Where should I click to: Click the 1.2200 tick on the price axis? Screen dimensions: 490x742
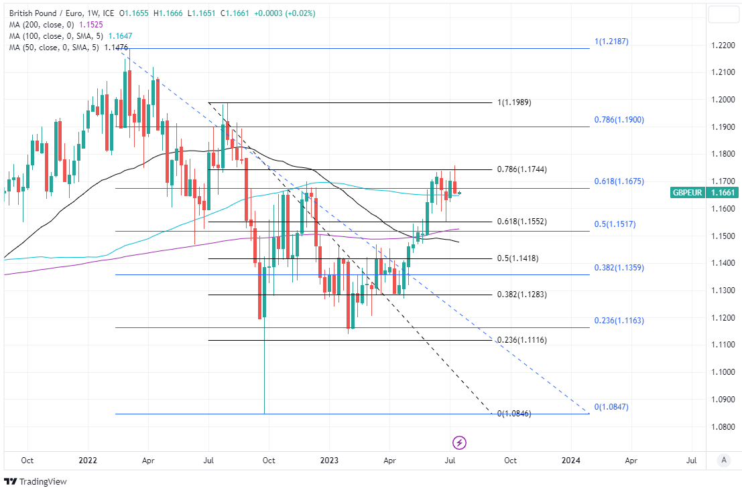tap(723, 46)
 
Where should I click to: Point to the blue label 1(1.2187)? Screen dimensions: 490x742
tap(611, 42)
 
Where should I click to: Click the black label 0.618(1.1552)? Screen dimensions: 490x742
tap(521, 222)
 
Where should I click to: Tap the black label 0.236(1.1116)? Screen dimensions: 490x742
tap(521, 340)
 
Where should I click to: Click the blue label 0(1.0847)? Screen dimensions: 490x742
tap(611, 407)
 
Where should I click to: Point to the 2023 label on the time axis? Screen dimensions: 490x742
tap(328, 461)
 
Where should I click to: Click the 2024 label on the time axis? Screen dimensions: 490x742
tap(570, 461)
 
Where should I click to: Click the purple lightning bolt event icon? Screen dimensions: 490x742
tap(460, 442)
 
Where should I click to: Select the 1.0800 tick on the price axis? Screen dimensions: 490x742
tap(723, 426)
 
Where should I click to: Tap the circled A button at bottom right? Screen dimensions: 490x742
tap(723, 460)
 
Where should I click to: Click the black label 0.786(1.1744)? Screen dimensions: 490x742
tap(521, 169)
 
